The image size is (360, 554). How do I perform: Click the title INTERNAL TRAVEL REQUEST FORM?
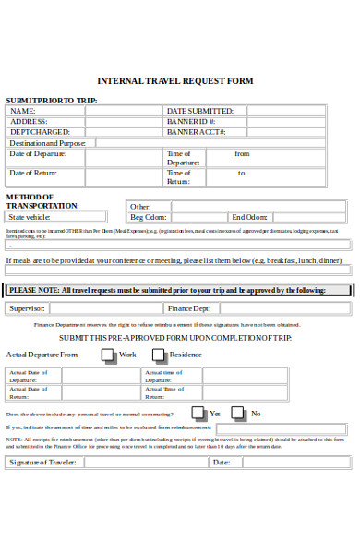pos(174,81)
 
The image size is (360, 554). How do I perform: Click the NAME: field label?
pos(23,111)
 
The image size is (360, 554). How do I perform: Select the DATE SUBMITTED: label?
pos(199,111)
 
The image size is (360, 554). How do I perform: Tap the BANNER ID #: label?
pos(191,121)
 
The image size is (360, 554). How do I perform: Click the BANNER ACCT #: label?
pos(195,132)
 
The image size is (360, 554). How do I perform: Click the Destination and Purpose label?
pos(46,143)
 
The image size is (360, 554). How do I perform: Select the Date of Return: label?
pos(33,173)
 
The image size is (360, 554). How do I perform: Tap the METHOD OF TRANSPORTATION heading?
pos(42,201)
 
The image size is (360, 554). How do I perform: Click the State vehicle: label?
pos(30,217)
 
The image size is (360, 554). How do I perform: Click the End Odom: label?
pos(249,217)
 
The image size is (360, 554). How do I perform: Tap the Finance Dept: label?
pos(190,308)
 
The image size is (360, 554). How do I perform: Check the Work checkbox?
pos(109,355)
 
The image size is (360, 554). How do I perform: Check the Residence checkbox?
pos(159,355)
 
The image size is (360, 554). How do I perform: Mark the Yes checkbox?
pos(198,413)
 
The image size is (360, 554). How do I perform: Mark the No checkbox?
pos(241,413)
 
